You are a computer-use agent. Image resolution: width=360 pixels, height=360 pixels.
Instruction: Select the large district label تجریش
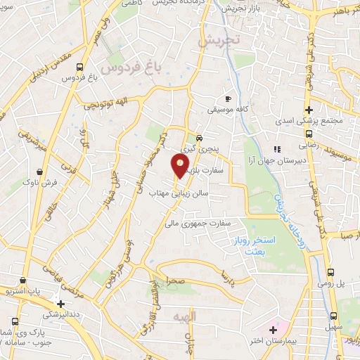(219, 41)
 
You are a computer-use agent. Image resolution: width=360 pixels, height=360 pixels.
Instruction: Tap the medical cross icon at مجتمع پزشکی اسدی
(309, 110)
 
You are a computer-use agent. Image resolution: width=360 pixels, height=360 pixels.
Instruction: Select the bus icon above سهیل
(333, 316)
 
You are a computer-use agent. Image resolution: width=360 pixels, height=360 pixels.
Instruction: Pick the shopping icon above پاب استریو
(25, 278)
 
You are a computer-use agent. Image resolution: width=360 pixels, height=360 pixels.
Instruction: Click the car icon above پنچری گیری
(200, 138)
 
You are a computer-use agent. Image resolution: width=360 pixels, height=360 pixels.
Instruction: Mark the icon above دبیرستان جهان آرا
(277, 149)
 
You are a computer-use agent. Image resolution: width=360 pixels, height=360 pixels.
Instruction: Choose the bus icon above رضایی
(309, 133)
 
